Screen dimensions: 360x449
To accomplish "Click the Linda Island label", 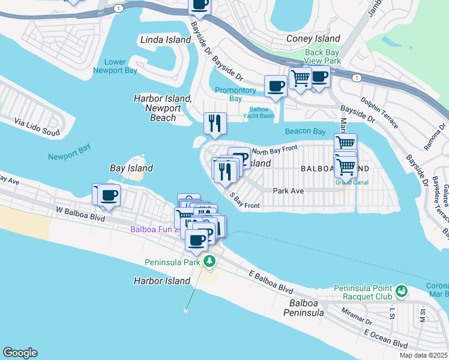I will click(x=164, y=40).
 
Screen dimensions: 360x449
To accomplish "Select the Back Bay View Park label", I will click(x=322, y=57).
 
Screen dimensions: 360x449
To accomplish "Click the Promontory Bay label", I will click(x=236, y=94).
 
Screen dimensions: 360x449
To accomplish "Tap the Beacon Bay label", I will click(x=305, y=131).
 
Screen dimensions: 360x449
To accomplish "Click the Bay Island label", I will click(x=131, y=168).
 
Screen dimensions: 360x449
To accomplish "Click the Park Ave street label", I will click(x=288, y=191).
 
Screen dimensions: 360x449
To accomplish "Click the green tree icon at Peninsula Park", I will click(x=209, y=261).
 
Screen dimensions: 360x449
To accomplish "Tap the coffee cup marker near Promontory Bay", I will click(x=276, y=86).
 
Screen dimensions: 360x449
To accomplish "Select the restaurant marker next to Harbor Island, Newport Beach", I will click(x=215, y=124).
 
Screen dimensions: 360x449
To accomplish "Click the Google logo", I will click(x=20, y=353).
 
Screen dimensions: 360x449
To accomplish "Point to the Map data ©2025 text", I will click(x=423, y=355).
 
